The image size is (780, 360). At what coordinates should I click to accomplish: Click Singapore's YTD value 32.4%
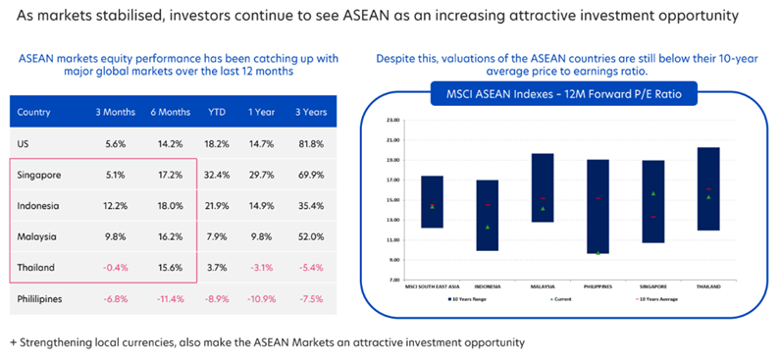217,175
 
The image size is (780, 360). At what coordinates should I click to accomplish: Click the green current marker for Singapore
652,193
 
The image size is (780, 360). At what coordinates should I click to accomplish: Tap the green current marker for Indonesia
487,227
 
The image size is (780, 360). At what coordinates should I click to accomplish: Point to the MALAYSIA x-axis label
542,286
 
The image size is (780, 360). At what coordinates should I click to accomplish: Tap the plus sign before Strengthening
14,342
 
